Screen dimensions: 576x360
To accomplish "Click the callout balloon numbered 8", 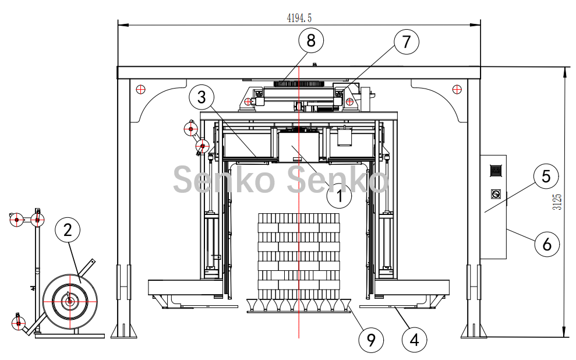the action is tap(311, 40).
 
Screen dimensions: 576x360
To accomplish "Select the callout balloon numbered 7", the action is tap(407, 41).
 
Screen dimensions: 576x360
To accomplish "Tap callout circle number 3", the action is tap(202, 97).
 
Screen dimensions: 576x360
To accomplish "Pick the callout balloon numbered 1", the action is tap(340, 196).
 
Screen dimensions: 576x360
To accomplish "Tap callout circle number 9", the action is tap(371, 340).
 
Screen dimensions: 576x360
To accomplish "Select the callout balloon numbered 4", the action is tap(414, 340).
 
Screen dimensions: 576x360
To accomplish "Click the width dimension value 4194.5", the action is tap(299, 17).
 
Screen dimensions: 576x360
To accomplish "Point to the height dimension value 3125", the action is tap(557, 202).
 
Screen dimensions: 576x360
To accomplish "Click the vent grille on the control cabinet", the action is tap(496, 171).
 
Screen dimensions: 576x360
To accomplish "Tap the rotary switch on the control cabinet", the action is tap(496, 193).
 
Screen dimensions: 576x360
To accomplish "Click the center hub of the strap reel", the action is tap(69, 302).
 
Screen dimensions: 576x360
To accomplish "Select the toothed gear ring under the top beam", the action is tap(300, 84).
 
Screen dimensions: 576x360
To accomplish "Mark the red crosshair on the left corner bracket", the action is tap(140, 89).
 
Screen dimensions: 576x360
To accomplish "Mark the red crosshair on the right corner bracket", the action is tap(457, 89).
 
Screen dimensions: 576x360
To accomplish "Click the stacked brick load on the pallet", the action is tap(299, 256).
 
